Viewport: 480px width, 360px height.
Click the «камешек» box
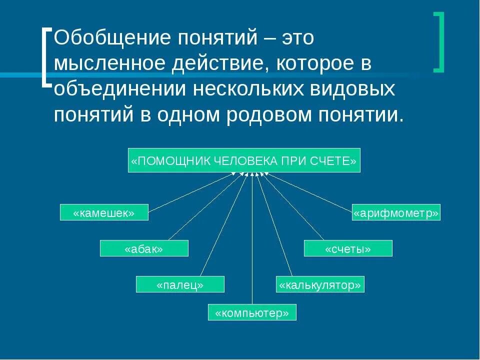104,212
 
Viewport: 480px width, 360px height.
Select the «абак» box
144,248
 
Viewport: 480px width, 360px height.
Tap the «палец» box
180,284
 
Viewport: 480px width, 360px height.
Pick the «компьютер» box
252,312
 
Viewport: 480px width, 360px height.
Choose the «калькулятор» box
320,284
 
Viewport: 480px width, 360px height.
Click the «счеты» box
348,248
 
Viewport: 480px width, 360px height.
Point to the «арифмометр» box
396,212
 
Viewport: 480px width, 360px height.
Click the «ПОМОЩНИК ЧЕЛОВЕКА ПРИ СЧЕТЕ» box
244,160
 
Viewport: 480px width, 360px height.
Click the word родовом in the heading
267,115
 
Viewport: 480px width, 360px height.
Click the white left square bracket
46,57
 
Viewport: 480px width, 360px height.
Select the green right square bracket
439,42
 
